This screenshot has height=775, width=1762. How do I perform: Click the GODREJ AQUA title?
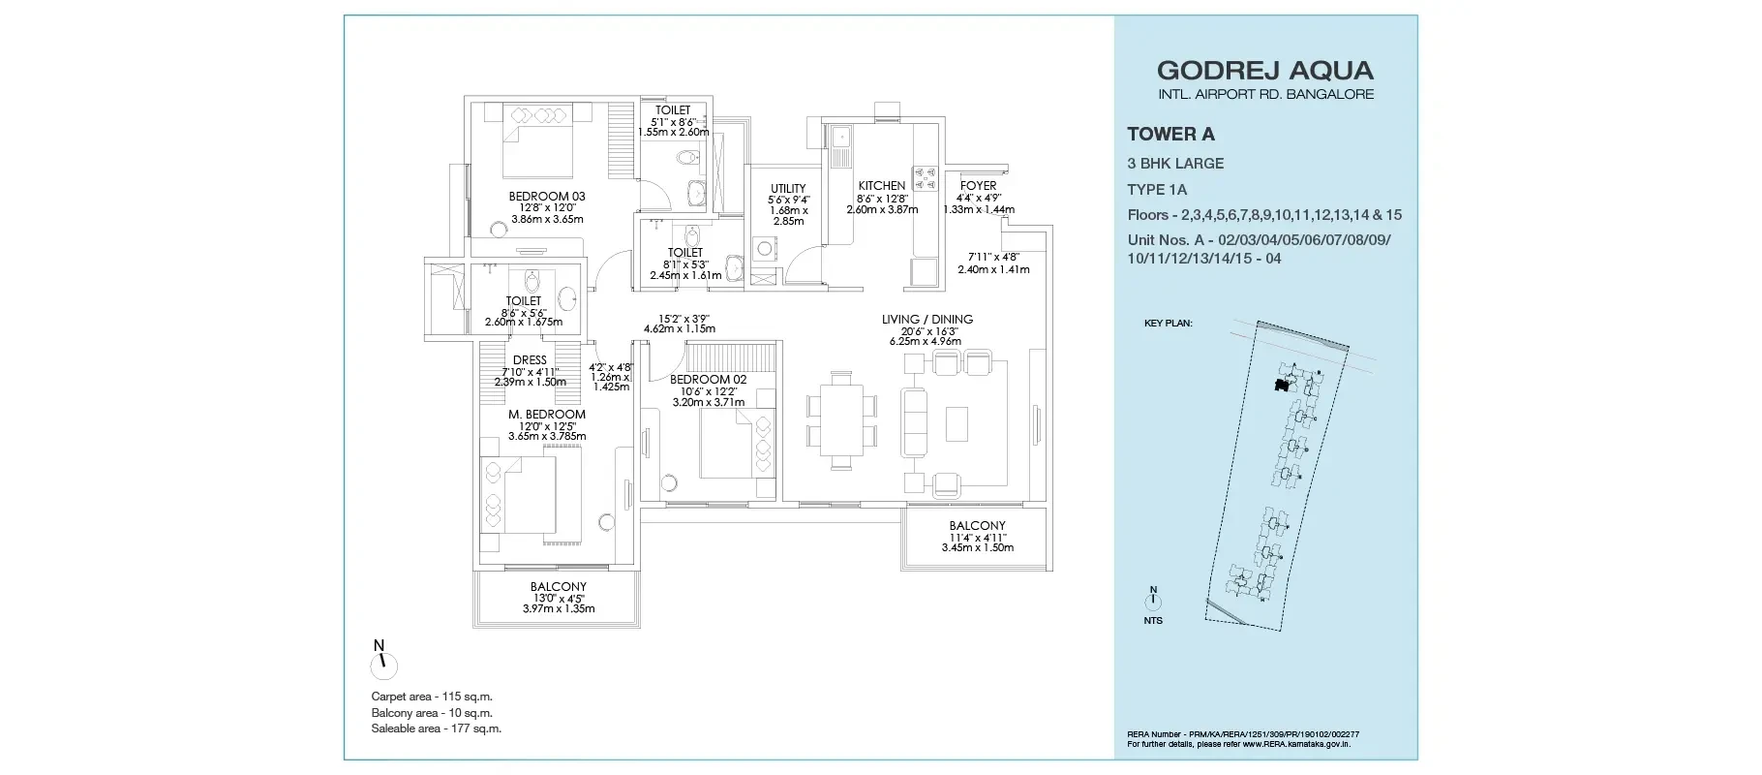coord(1265,70)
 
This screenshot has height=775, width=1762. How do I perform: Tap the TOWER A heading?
coord(1170,135)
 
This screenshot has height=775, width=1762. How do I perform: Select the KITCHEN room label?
coord(882,186)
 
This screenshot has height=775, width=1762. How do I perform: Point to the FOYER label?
coord(978,186)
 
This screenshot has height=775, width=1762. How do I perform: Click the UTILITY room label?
coord(788,189)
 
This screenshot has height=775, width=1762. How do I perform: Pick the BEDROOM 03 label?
coord(547,197)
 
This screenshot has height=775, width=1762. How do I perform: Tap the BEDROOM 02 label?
coord(708,380)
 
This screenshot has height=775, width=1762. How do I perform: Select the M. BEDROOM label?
coord(547,415)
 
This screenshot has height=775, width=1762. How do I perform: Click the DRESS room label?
coord(530,360)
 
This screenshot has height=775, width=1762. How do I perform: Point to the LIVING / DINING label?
coord(927,320)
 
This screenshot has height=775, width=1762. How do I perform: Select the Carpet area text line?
coord(432,697)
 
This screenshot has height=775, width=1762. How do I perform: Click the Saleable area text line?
coord(437,728)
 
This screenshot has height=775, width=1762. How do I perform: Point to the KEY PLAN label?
coord(1169,324)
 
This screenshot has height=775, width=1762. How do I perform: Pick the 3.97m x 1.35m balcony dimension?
coord(559,608)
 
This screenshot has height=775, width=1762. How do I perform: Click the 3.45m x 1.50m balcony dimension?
coord(978,547)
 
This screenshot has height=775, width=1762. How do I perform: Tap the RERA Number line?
coord(1243,735)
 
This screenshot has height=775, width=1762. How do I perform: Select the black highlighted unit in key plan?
coord(1282,386)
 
